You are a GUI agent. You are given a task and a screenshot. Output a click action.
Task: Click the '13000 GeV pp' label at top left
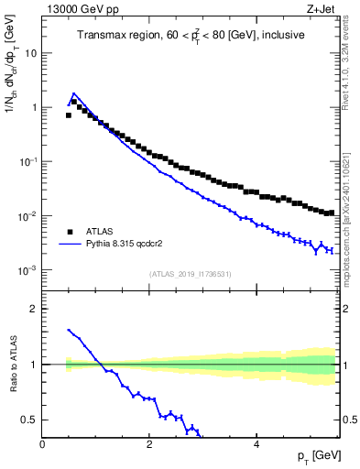(76, 10)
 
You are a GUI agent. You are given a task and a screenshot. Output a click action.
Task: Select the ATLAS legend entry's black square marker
(69, 232)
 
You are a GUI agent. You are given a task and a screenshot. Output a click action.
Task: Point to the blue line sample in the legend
(69, 245)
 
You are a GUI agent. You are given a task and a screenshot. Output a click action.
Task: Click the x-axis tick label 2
(148, 445)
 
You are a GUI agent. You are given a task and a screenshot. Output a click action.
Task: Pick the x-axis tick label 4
(256, 445)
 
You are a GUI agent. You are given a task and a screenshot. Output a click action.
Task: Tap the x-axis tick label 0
(42, 445)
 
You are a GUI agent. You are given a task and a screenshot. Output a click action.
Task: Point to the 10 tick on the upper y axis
(31, 53)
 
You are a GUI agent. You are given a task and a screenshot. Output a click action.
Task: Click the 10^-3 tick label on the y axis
(27, 270)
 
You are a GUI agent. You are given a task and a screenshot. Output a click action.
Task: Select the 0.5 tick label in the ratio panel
(28, 420)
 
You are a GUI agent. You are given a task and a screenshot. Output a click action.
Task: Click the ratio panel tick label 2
(34, 309)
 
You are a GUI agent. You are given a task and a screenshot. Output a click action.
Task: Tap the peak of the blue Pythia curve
(73, 93)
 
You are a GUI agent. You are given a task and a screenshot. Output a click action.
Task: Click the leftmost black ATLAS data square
(68, 115)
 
